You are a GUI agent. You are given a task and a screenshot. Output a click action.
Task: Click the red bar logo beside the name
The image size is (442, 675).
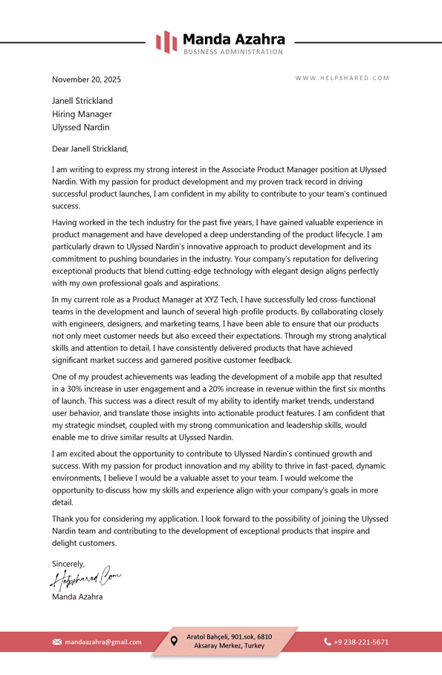click(x=166, y=42)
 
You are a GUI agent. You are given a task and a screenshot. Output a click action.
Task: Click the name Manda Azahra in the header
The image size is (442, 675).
click(x=233, y=39)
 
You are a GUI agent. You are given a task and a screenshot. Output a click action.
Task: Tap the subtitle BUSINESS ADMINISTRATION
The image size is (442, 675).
click(x=233, y=52)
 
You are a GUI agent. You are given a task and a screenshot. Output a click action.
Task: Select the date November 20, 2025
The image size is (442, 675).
click(x=86, y=79)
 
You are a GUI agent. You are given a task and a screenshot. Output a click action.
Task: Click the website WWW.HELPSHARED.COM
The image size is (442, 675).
click(x=342, y=79)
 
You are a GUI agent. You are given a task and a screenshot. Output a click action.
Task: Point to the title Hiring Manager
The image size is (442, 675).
click(x=82, y=114)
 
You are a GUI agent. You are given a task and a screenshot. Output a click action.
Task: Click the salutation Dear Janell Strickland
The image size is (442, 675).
click(x=90, y=148)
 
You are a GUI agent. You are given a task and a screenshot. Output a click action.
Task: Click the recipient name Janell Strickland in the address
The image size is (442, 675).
click(x=82, y=101)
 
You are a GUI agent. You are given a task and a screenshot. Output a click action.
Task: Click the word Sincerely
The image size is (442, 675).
click(x=68, y=564)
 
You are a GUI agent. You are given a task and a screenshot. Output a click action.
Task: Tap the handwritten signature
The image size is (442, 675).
click(x=85, y=579)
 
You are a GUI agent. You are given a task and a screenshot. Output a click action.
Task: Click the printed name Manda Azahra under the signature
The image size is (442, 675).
click(x=77, y=596)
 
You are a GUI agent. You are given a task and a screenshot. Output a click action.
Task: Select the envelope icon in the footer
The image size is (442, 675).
click(x=57, y=642)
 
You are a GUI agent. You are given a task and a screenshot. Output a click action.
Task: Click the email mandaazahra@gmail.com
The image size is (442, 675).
click(x=103, y=642)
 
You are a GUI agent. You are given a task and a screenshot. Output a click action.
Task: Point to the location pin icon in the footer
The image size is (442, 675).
click(x=174, y=641)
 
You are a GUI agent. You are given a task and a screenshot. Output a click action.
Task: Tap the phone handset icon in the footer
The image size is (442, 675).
click(x=328, y=642)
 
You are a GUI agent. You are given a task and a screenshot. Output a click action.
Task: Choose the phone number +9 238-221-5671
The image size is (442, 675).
click(x=361, y=642)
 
